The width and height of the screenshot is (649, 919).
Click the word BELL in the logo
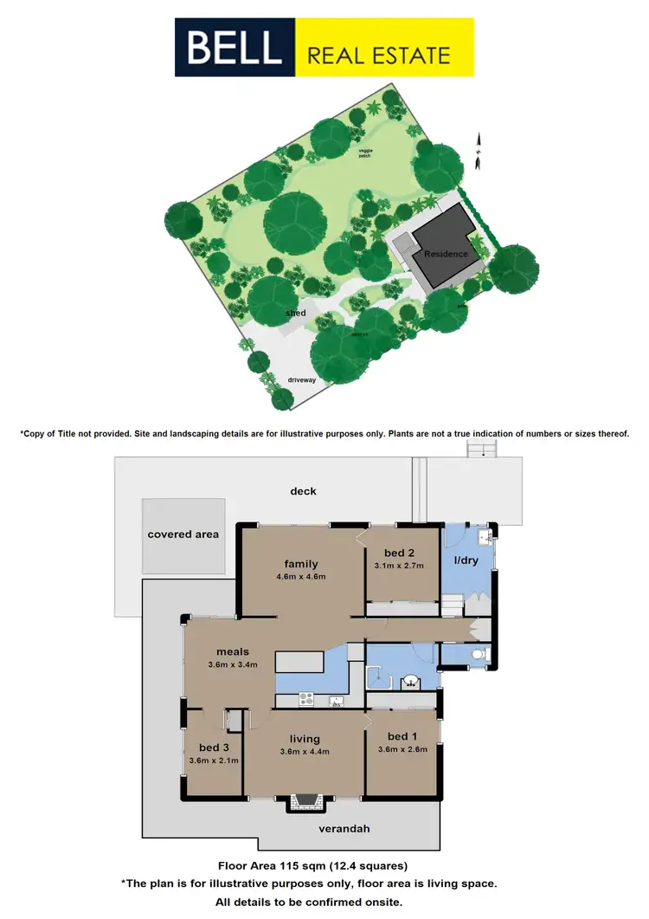click(x=235, y=49)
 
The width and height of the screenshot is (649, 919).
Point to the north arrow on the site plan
click(x=476, y=147)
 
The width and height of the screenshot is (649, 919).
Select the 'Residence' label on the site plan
click(x=446, y=254)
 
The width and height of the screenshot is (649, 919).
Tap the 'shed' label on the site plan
click(x=296, y=313)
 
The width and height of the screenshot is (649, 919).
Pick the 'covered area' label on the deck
click(x=183, y=534)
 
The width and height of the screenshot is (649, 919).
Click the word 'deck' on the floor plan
click(x=303, y=491)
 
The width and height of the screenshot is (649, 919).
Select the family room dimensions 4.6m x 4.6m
click(x=296, y=577)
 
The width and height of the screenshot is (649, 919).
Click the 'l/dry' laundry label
click(x=466, y=560)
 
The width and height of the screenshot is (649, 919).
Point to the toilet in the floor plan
click(x=480, y=654)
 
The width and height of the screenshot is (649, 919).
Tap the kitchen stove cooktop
click(x=305, y=698)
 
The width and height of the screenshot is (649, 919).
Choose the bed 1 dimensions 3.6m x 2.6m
click(x=400, y=750)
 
